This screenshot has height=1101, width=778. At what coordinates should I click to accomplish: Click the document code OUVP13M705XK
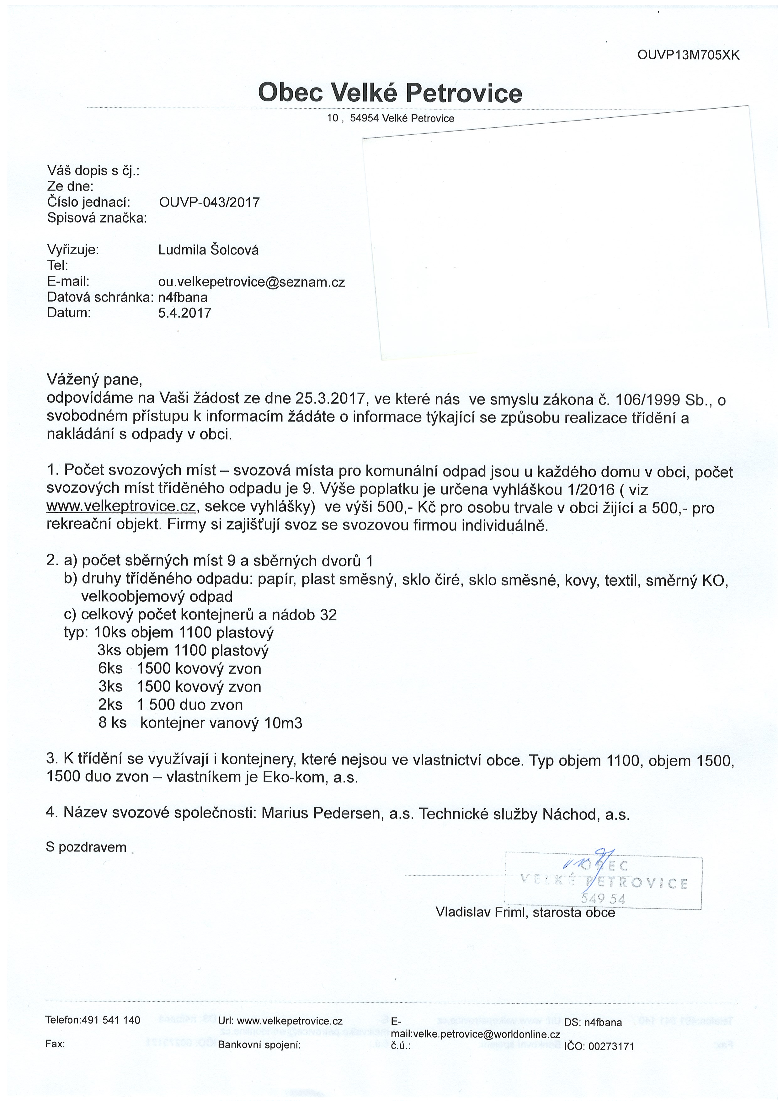[x=688, y=56]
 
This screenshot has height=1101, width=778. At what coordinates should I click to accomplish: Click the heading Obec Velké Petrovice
[x=390, y=93]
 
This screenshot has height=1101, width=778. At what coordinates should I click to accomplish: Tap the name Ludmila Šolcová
[x=208, y=250]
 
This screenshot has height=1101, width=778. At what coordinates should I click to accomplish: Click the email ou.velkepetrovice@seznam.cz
[x=251, y=282]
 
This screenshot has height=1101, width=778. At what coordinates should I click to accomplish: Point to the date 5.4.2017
[x=184, y=313]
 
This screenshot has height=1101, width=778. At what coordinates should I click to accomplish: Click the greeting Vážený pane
[x=94, y=379]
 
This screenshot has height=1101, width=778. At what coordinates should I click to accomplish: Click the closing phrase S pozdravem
[x=86, y=847]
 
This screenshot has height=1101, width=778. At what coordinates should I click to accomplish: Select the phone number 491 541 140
[x=111, y=1020]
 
